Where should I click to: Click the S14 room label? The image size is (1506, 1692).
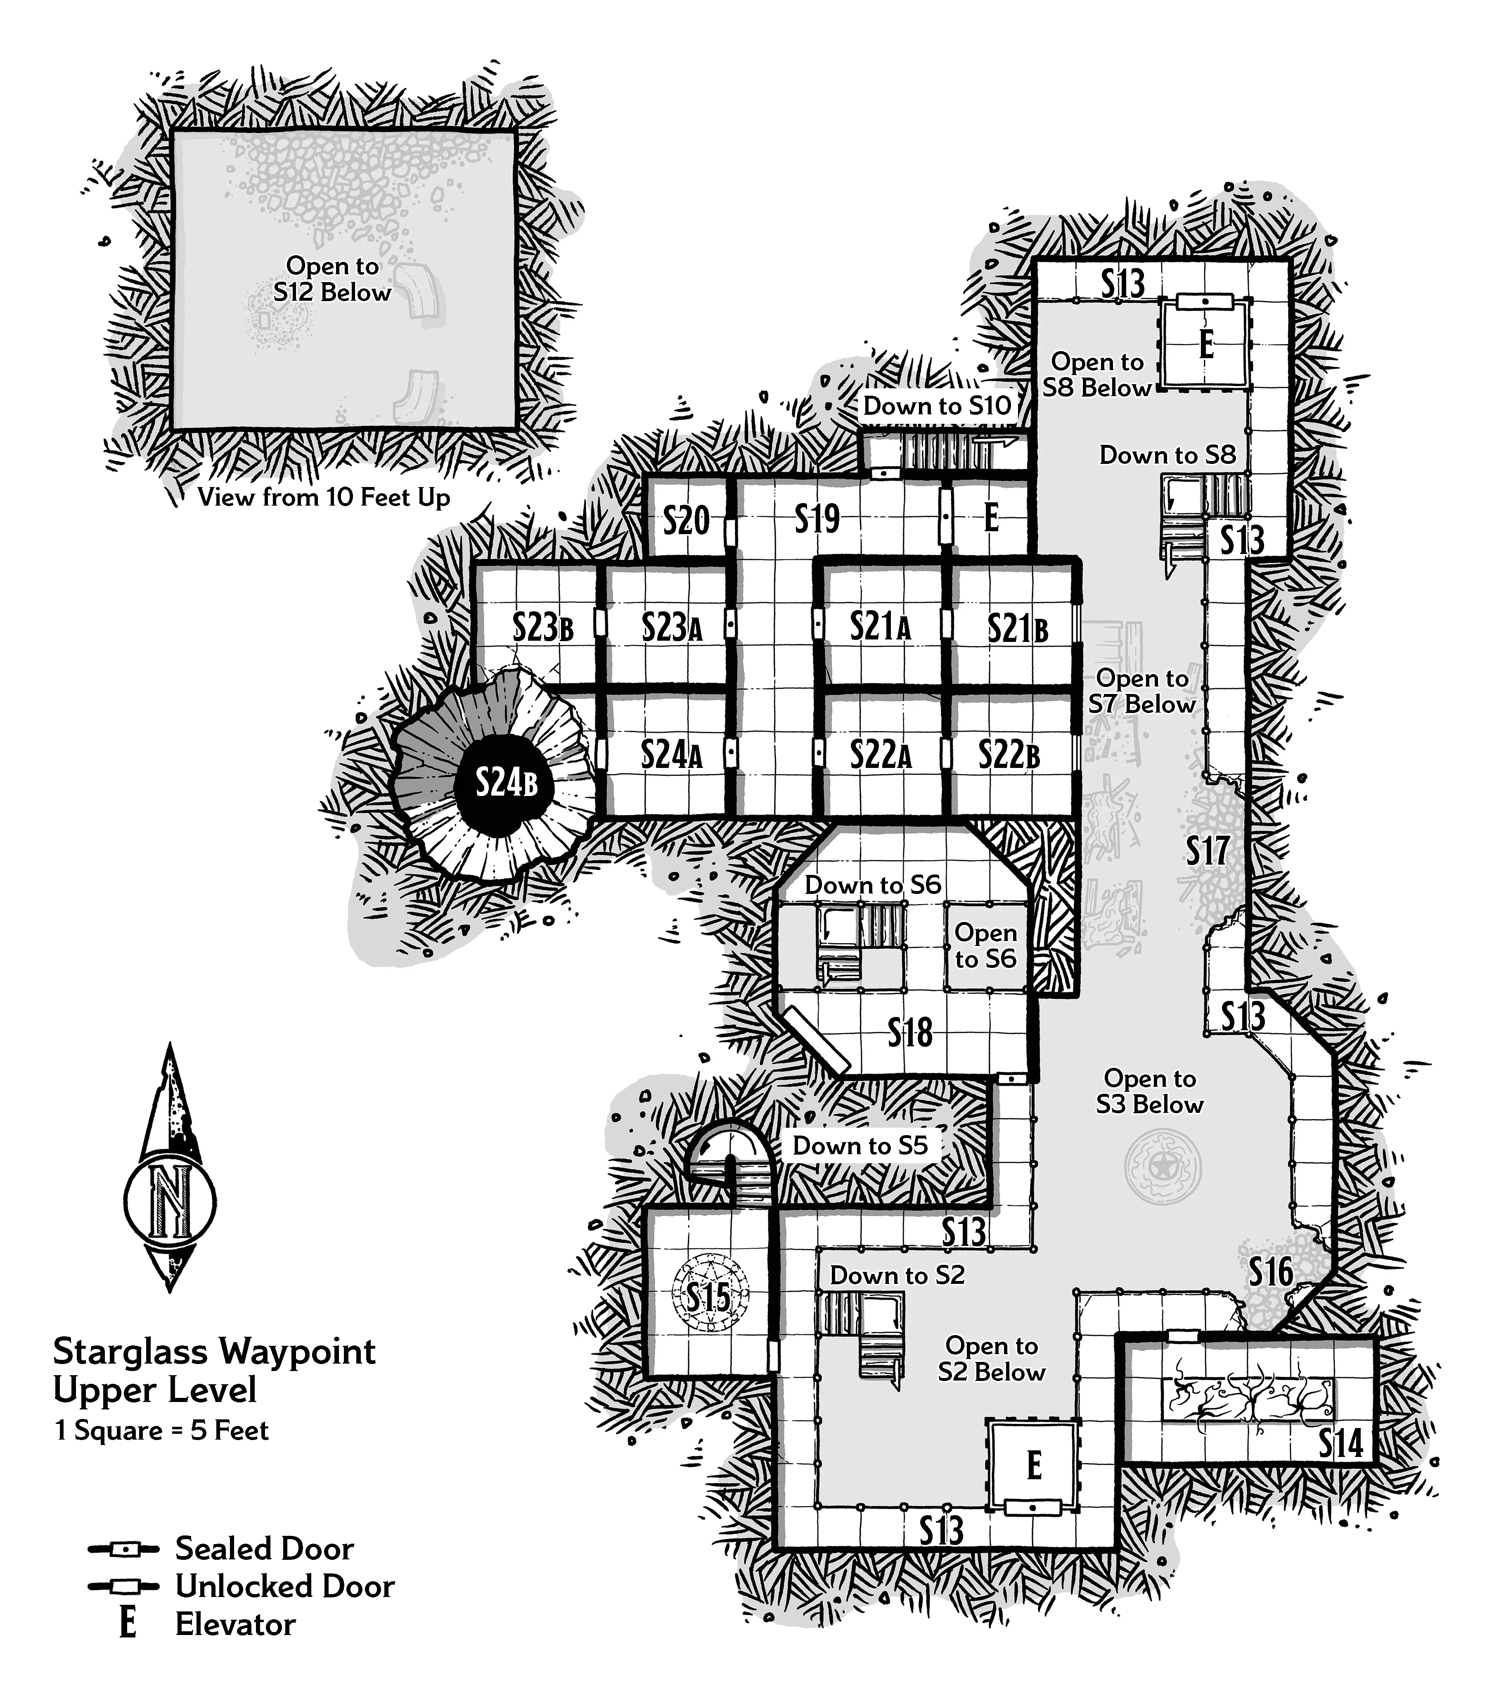coord(1340,1444)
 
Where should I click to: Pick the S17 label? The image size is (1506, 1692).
coord(1207,850)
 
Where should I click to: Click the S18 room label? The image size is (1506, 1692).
coord(910,1033)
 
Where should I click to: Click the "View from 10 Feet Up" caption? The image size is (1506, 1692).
coord(324,497)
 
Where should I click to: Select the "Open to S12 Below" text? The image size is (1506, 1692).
coord(332,279)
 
